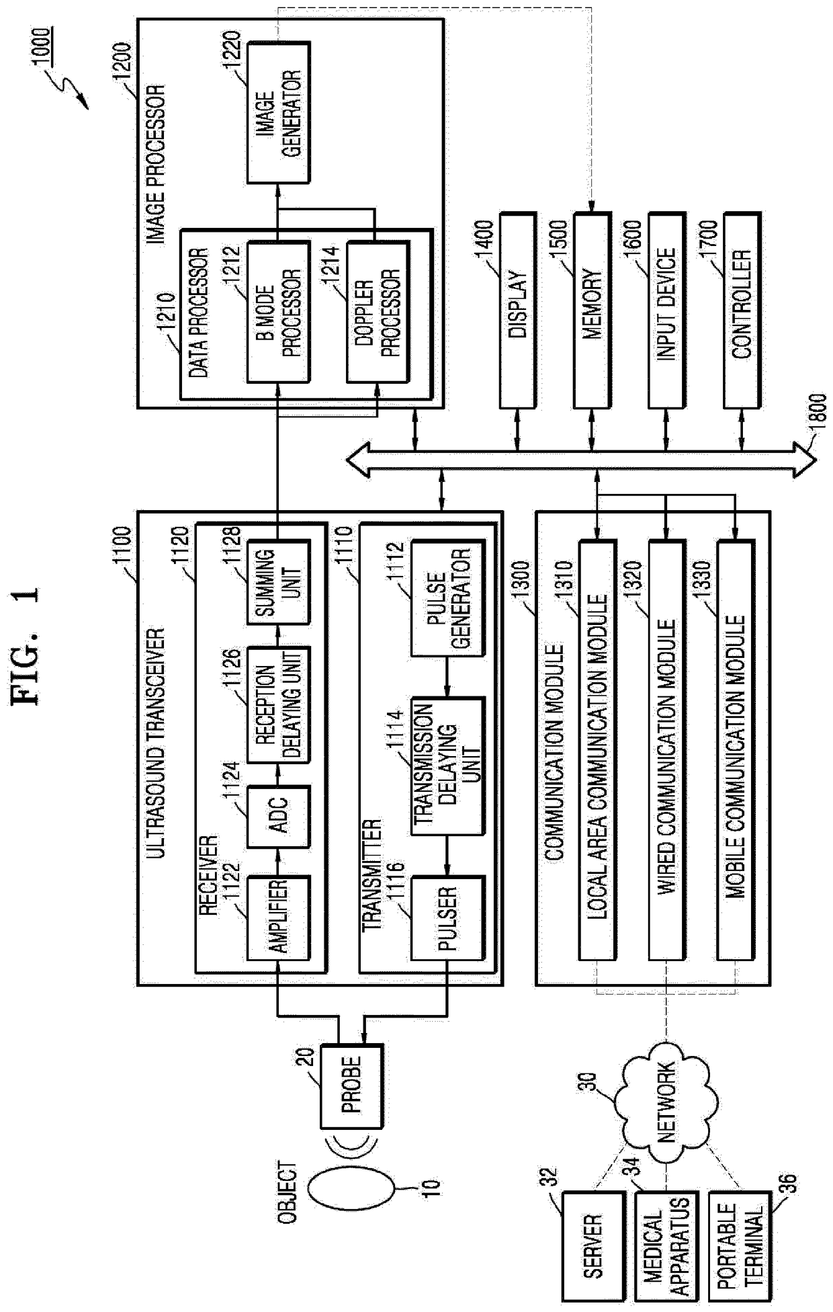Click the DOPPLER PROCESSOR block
(378, 313)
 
